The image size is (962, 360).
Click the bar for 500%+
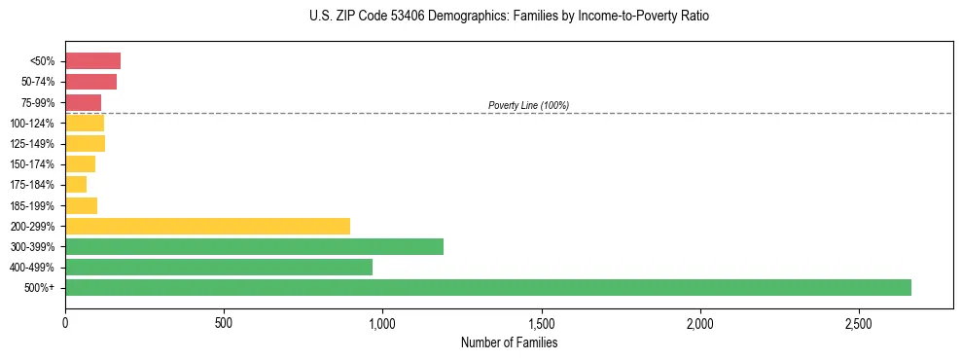click(487, 287)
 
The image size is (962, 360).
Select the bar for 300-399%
click(254, 246)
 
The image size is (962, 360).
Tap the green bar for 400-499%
click(219, 267)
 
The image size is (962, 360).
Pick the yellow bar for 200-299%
click(207, 226)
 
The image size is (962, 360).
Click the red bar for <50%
click(92, 61)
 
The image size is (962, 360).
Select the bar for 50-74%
click(90, 82)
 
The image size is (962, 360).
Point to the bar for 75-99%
click(83, 102)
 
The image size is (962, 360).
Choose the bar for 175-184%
click(76, 185)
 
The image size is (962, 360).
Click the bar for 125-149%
click(85, 143)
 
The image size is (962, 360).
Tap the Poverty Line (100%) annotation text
click(528, 105)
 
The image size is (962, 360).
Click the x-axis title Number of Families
click(509, 342)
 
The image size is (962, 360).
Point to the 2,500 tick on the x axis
click(858, 322)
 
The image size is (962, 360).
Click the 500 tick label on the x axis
click(224, 322)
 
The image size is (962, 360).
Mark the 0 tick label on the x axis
click(65, 322)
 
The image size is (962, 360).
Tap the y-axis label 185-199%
click(32, 205)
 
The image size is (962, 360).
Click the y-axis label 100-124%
click(32, 124)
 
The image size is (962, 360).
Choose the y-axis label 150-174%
click(32, 164)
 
